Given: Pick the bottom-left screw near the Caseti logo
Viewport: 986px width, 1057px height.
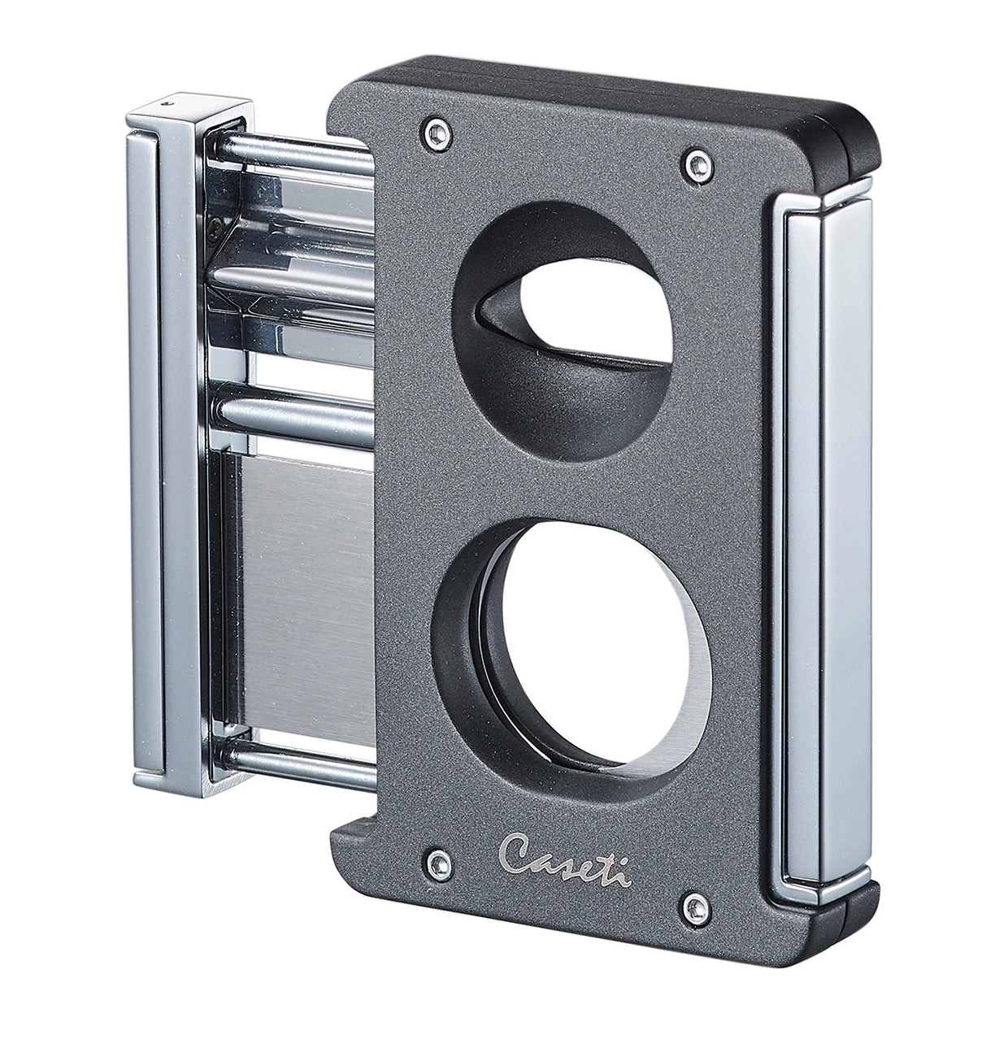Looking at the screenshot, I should click(x=440, y=864).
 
